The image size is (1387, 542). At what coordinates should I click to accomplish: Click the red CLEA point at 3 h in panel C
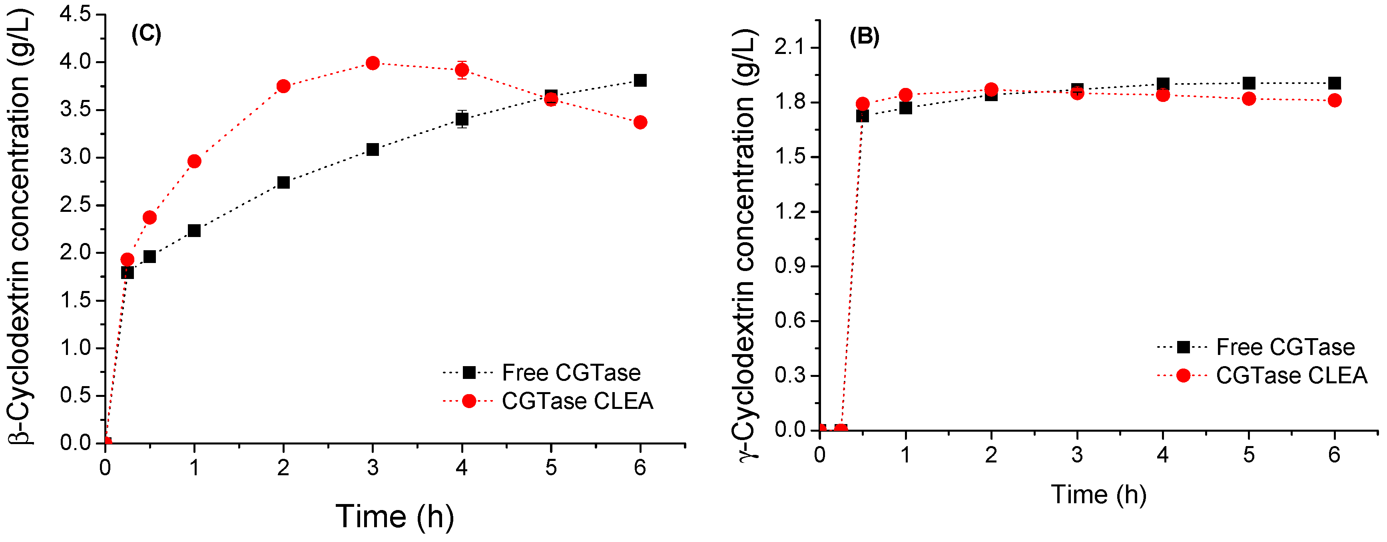pos(373,63)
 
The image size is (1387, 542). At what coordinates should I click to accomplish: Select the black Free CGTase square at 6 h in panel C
pos(640,81)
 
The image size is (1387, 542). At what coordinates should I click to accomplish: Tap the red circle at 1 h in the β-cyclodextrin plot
pos(194,161)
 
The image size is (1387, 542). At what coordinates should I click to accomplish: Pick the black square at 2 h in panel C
pos(283,182)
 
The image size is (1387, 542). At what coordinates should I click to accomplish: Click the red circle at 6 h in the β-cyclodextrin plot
pos(640,122)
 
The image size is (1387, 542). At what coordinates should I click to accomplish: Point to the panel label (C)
pos(146,34)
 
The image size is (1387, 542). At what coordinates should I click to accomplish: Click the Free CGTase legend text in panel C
pos(571,373)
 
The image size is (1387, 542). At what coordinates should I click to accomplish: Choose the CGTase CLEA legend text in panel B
pos(1291,376)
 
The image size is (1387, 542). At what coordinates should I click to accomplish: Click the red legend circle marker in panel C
pos(469,401)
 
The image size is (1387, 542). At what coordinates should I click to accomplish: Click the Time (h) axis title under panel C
pos(395,517)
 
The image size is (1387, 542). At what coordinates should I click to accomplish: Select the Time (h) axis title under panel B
pos(1098,494)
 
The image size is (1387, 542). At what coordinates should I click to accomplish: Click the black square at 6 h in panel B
pos(1334,84)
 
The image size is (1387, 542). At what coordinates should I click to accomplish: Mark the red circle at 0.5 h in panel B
pos(863,104)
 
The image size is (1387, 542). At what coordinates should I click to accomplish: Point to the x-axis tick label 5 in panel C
pos(550,468)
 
